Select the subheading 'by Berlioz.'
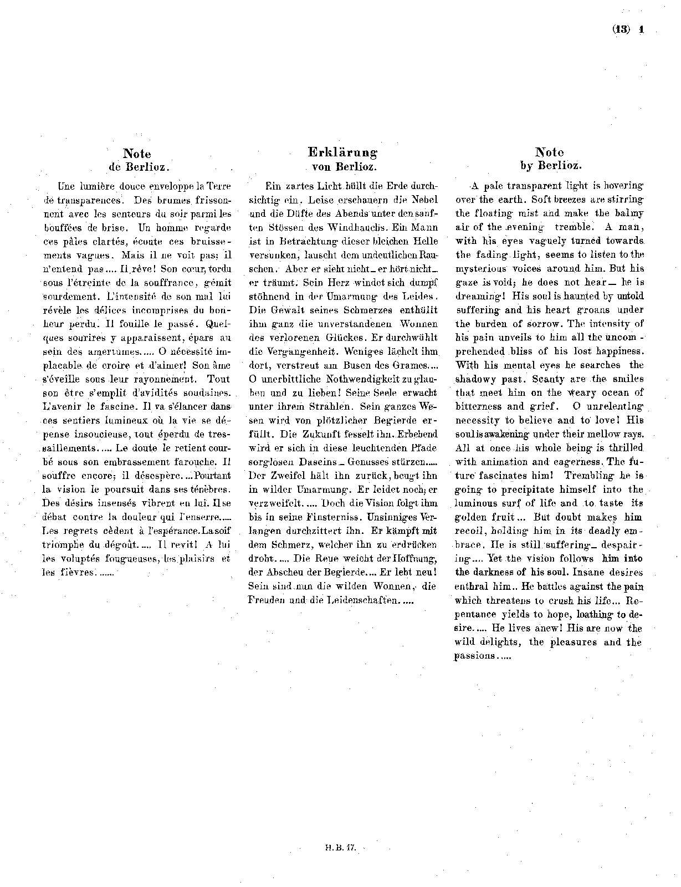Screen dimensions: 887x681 click(x=550, y=165)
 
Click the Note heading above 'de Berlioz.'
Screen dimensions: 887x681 click(x=137, y=154)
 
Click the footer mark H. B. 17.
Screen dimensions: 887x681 click(x=340, y=848)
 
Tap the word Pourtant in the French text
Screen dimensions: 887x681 click(x=211, y=476)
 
